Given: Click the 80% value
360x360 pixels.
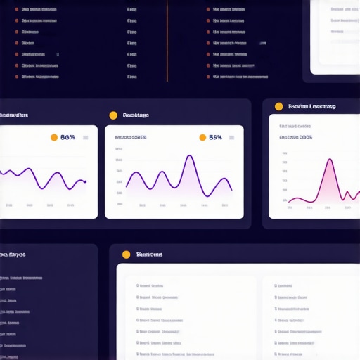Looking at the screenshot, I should [x=67, y=138].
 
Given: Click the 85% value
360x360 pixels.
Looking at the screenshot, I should [x=216, y=138].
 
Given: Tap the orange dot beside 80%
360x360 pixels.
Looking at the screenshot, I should [x=54, y=138].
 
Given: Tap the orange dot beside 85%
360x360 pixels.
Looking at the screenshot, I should [x=202, y=138].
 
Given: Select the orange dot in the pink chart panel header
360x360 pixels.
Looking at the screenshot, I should [x=278, y=107].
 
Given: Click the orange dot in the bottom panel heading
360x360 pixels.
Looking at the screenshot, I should [x=126, y=255].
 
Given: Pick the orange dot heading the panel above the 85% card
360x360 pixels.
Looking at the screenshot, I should [x=112, y=115].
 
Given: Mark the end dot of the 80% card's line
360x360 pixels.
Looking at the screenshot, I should [x=85, y=181].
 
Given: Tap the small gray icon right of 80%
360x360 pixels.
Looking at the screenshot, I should [x=86, y=138].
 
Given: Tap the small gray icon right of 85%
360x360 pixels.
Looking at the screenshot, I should [x=233, y=138].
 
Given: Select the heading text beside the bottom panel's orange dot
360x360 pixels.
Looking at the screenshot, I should [x=149, y=255].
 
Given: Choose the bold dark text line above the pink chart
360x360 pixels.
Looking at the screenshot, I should [x=295, y=137].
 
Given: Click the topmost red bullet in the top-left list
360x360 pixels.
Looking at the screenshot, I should [x=16, y=11].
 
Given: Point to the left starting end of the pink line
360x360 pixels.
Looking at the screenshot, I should [x=289, y=202].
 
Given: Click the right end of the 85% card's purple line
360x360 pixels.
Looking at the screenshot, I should [x=231, y=190].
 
